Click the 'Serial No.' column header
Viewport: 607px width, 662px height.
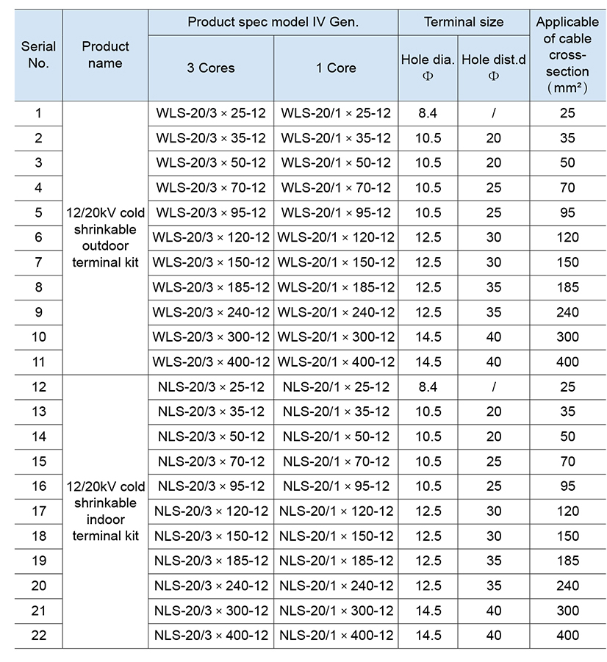(x=38, y=55)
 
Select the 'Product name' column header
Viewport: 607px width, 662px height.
(x=105, y=55)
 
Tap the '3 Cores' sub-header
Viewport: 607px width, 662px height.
(x=211, y=68)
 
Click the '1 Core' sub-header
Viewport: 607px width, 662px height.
(x=336, y=68)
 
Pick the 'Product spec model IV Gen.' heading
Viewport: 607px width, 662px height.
(x=273, y=22)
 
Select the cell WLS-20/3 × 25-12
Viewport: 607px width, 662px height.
(x=211, y=113)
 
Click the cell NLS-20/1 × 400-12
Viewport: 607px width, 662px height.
(x=336, y=635)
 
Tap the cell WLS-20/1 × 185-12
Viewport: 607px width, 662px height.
(x=336, y=287)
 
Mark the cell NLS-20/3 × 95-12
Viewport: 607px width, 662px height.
(x=211, y=486)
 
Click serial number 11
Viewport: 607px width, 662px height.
(x=38, y=361)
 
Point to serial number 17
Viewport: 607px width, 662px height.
(x=38, y=511)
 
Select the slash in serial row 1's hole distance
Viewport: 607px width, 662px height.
(x=494, y=113)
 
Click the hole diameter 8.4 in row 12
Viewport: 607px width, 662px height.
(x=428, y=386)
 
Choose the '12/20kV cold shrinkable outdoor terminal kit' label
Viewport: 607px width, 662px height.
(x=105, y=237)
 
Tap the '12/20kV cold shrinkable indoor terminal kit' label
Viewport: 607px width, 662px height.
(x=105, y=511)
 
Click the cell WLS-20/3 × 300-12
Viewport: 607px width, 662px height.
(x=211, y=337)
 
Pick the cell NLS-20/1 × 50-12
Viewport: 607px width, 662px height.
(x=336, y=436)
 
